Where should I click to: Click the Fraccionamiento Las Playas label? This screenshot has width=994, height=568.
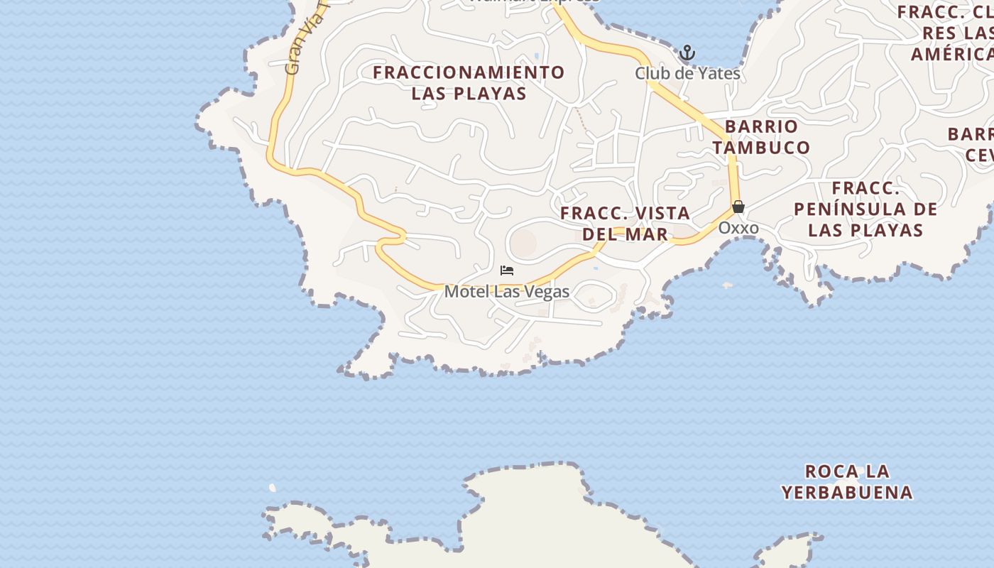[469, 82]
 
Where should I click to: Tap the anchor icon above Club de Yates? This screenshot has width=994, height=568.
[687, 53]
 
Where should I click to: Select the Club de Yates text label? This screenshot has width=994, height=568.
[687, 73]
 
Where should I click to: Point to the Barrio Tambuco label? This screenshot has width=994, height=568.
[762, 137]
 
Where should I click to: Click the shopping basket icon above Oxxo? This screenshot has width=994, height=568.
[738, 207]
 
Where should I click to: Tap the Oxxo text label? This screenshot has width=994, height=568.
[738, 228]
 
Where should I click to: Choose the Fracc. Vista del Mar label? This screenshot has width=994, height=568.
[625, 223]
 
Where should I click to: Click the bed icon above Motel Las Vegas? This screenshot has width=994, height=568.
[507, 271]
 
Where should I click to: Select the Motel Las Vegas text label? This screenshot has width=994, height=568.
[507, 291]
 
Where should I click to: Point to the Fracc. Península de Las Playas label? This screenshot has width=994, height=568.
[865, 209]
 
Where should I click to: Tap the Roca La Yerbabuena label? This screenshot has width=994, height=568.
[847, 481]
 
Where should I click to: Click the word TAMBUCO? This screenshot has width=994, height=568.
[762, 148]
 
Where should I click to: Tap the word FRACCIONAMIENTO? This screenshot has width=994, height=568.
[469, 72]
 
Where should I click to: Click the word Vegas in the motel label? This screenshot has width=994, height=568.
[547, 291]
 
